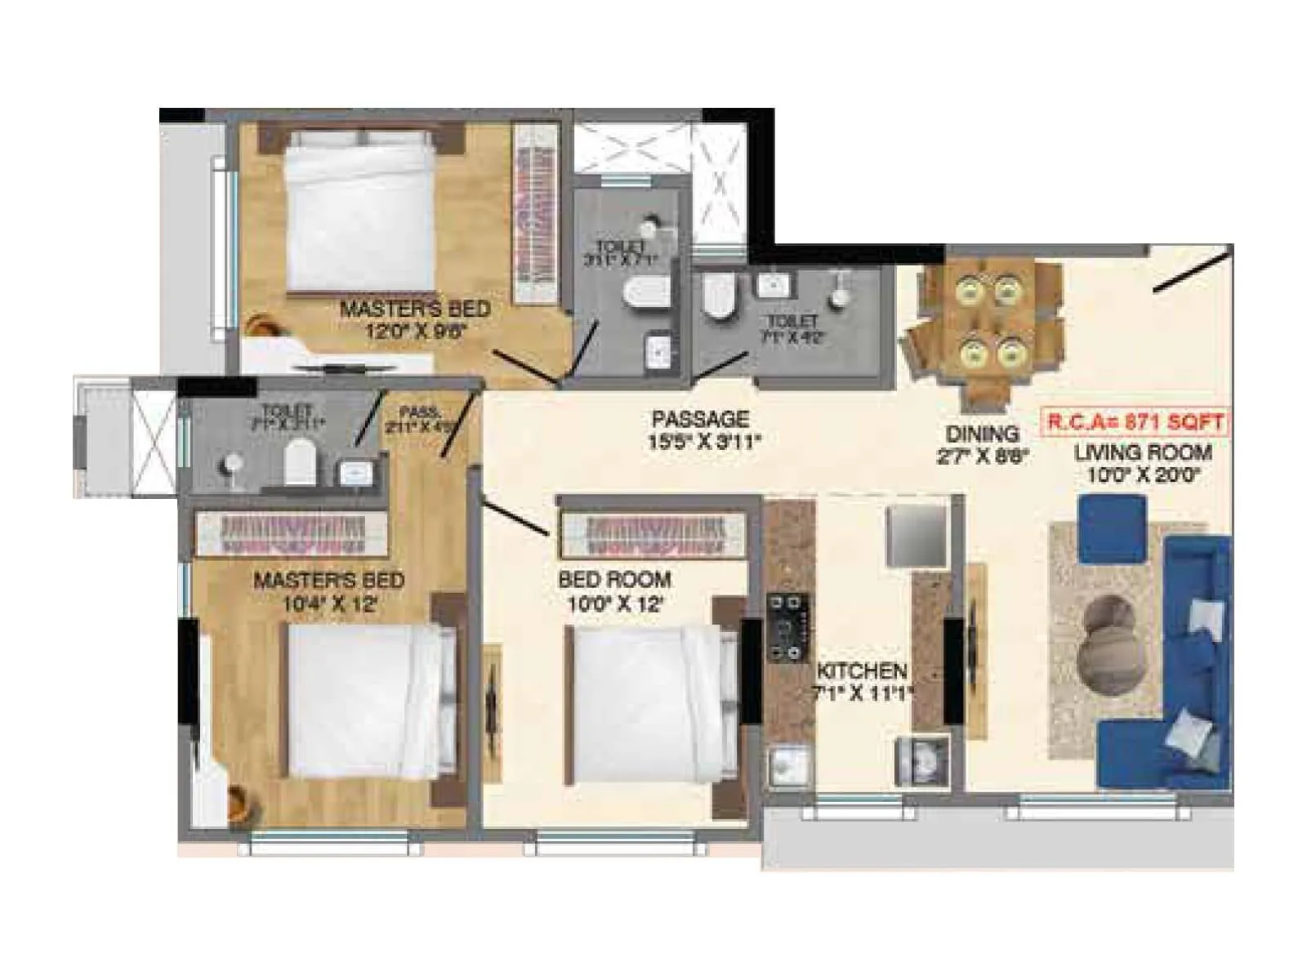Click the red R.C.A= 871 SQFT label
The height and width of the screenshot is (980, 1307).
coord(1135,422)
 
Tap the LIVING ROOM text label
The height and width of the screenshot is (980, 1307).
coord(1142,452)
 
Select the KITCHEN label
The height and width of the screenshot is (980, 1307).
coord(862,671)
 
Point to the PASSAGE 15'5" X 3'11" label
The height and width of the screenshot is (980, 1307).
coord(701,430)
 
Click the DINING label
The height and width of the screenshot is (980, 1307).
coord(983,434)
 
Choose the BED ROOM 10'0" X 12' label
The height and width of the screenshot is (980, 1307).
coord(614,591)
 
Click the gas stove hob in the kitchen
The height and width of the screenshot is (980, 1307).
coord(789,627)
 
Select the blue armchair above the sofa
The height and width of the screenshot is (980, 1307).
coord(1112,529)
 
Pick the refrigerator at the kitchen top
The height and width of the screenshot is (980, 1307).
coord(917,536)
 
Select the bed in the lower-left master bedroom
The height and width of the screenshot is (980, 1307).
coord(368,702)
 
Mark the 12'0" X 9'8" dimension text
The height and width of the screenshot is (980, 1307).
coord(416,332)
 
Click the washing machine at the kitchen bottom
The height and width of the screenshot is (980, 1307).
coord(922,761)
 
